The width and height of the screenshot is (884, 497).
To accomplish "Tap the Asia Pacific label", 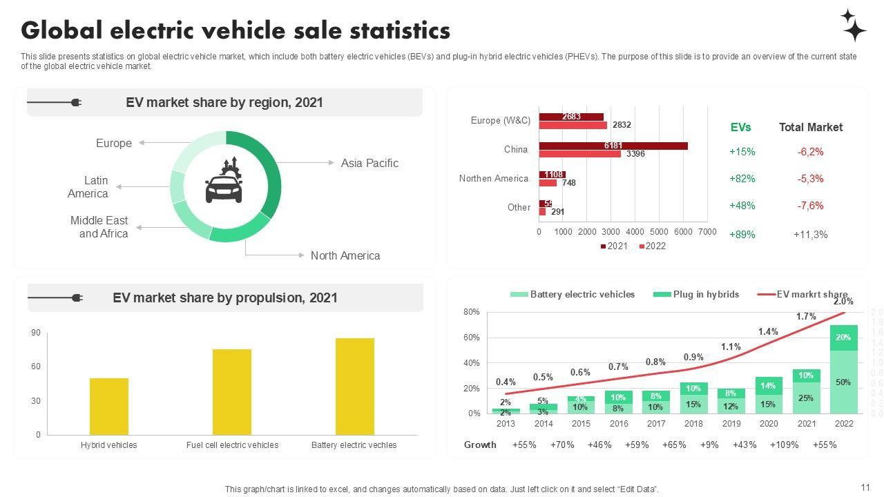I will [x=369, y=163].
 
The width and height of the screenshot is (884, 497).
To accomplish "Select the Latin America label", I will [x=88, y=187].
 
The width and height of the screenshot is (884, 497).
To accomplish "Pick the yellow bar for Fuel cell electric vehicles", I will [x=232, y=391].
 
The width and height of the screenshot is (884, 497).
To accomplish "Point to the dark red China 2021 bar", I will [x=613, y=146].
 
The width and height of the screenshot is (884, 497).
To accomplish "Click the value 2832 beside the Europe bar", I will [x=622, y=125].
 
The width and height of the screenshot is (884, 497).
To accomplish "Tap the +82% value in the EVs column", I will [x=742, y=179].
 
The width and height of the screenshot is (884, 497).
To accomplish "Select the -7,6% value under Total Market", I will [x=810, y=206].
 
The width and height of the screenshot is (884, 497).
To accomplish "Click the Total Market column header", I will [x=811, y=127].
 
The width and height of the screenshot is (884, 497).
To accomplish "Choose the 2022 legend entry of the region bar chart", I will [x=652, y=246].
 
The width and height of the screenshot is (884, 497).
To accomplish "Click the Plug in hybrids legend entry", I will [x=696, y=294].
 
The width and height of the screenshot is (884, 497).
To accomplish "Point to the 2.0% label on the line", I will [x=843, y=302].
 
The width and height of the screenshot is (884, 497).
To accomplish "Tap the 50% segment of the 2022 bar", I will [x=843, y=382].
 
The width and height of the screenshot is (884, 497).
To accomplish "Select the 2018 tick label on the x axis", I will [x=693, y=424].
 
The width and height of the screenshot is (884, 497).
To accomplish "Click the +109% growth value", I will [x=784, y=445].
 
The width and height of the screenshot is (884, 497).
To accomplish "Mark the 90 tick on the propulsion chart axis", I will [x=36, y=333].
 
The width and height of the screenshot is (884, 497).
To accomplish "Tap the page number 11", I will [x=866, y=487].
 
